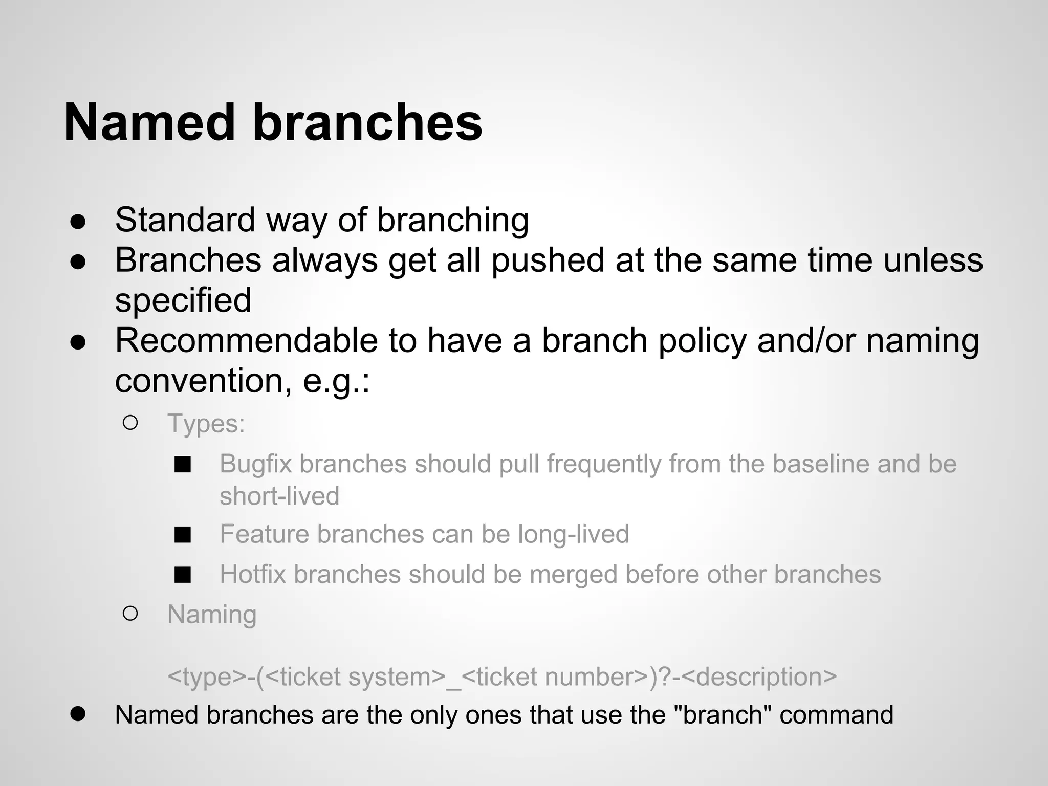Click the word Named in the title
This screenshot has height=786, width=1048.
tap(149, 123)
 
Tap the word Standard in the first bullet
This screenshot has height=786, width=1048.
tap(185, 220)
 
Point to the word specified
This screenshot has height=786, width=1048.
tap(183, 300)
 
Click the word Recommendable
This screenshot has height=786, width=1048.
tap(246, 340)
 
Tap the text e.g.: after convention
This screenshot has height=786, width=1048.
tap(336, 381)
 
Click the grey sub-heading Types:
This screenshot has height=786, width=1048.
tap(206, 424)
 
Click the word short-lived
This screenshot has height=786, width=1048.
tap(279, 496)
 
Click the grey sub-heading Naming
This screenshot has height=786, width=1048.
tap(212, 614)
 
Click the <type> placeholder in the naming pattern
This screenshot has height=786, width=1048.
tap(207, 676)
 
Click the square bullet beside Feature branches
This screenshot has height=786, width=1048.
tap(183, 535)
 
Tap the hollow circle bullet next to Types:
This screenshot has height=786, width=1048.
tap(130, 423)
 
